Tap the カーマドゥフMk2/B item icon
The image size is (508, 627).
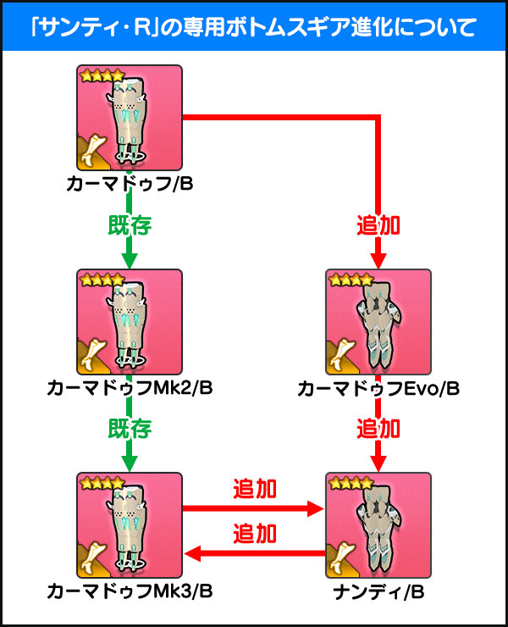coord(130,322)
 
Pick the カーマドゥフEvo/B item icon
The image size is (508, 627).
coord(378,322)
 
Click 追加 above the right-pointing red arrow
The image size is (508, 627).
coord(255,490)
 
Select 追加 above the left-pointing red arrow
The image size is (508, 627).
coord(255,534)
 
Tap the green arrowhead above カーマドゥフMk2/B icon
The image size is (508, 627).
coord(130,258)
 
